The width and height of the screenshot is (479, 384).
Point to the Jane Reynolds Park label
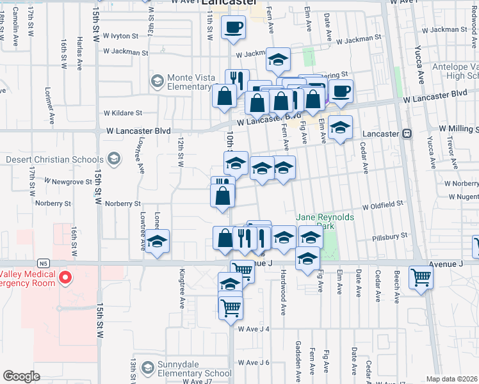pyautogui.click(x=325, y=221)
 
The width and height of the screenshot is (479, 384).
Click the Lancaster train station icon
pyautogui.click(x=407, y=134)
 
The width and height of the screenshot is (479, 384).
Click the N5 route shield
pyautogui.click(x=44, y=262)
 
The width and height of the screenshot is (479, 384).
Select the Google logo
pyautogui.click(x=21, y=376)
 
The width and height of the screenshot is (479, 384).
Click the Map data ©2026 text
pyautogui.click(x=452, y=379)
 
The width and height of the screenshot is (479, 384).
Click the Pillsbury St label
pyautogui.click(x=390, y=237)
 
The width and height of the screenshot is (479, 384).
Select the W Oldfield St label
pyautogui.click(x=382, y=207)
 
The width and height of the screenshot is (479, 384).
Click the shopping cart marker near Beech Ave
pyautogui.click(x=421, y=277)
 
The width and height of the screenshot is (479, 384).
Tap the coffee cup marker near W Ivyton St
pyautogui.click(x=233, y=27)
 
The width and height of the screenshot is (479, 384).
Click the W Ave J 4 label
pyautogui.click(x=254, y=329)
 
